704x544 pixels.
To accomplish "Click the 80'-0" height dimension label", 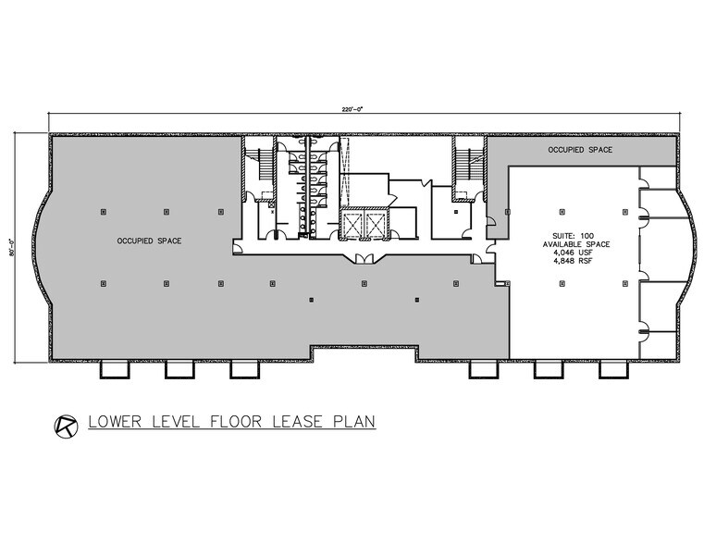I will (x=15, y=246).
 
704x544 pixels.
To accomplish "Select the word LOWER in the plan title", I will (x=115, y=425).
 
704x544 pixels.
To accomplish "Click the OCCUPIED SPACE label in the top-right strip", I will (x=580, y=149).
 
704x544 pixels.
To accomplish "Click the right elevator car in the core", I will (x=377, y=223).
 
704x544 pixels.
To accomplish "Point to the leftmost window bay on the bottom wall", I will (x=115, y=369).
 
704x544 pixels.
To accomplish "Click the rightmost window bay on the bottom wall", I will (x=611, y=369).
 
